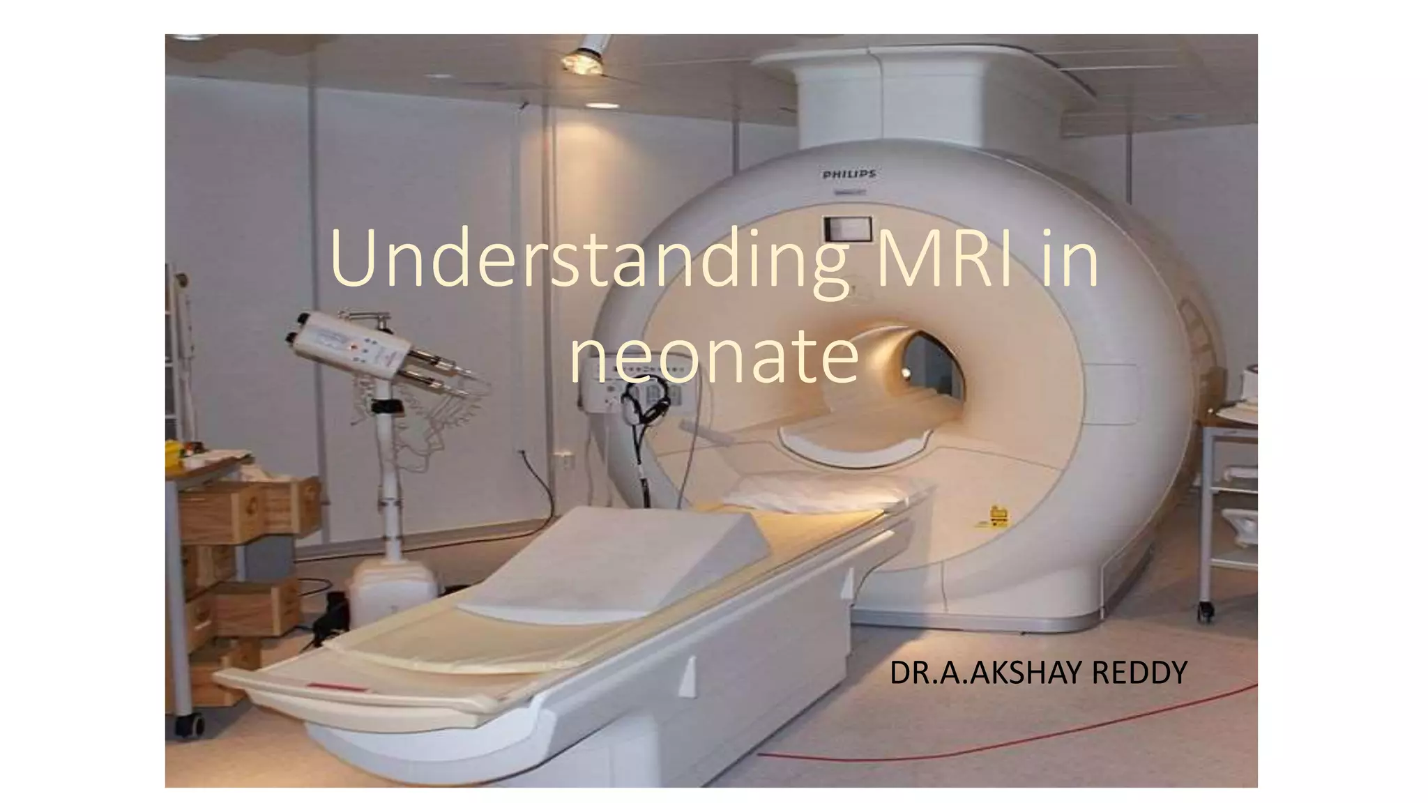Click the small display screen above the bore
pos(848,227)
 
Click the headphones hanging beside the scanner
pos(644,404)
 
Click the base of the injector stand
pos(390,586)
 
